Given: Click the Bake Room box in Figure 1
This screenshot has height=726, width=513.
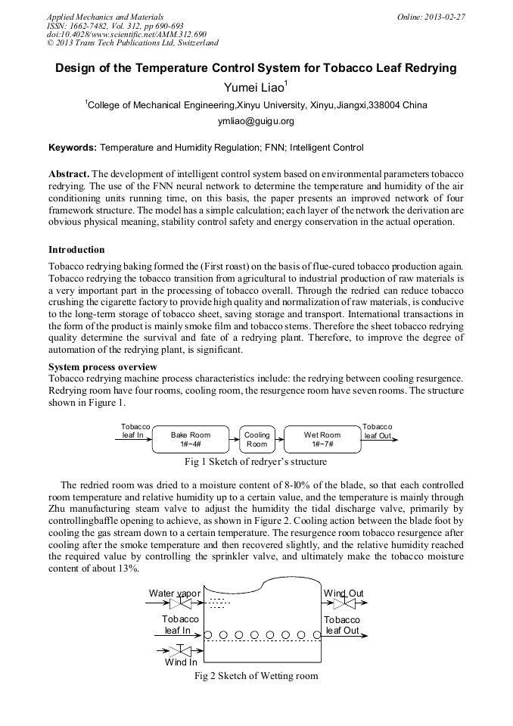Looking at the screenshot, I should tap(190, 439).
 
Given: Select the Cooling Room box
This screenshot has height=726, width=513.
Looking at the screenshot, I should tap(256, 439).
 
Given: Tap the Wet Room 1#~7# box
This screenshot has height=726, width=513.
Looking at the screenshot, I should tap(322, 439).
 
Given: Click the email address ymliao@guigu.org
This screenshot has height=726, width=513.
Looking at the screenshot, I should tap(256, 121).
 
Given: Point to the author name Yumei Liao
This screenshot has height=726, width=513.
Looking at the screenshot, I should tap(256, 88).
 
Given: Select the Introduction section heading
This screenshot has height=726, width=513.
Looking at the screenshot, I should tap(76, 250).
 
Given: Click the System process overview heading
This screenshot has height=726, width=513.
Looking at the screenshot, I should tap(103, 366).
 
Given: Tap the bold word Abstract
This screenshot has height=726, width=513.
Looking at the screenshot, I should tap(69, 173).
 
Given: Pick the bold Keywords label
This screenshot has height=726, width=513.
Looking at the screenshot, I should tap(73, 148).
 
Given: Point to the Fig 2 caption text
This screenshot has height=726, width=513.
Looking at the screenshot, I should tap(256, 675).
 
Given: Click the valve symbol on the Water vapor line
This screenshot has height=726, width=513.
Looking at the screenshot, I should tap(181, 604).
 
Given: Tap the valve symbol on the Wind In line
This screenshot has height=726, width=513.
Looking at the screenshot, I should tap(181, 650).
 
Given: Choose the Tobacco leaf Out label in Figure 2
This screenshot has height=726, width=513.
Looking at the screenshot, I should tap(342, 625).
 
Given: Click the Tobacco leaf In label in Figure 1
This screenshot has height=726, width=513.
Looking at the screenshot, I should tap(135, 432).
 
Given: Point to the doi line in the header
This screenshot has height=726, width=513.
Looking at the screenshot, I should tap(126, 35).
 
